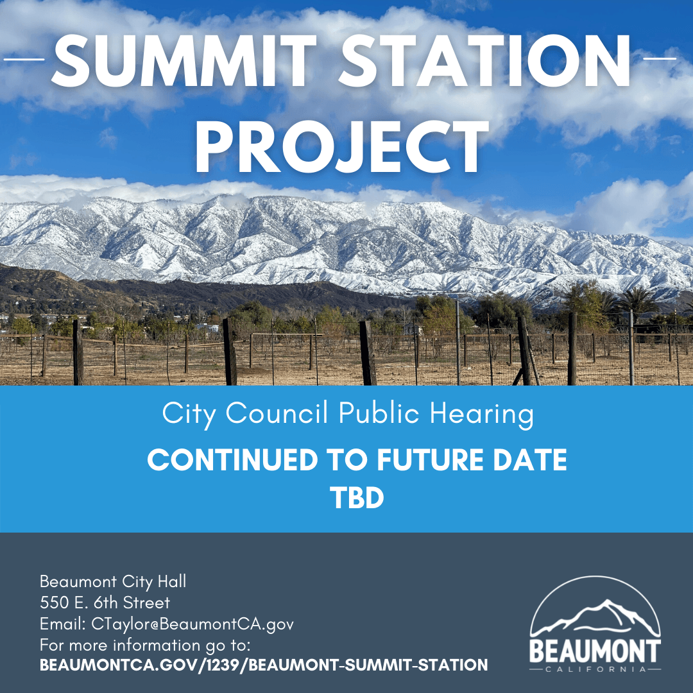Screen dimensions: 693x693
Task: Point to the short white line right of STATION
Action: coord(659,59)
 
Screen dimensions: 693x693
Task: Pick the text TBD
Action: coord(357,498)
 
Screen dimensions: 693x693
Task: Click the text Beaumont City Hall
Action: coord(113,581)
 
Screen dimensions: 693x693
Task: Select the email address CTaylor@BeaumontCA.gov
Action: coord(193,624)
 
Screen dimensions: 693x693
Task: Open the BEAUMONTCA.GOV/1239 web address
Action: coord(263,665)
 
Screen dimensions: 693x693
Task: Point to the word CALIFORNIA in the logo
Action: coord(594,669)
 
